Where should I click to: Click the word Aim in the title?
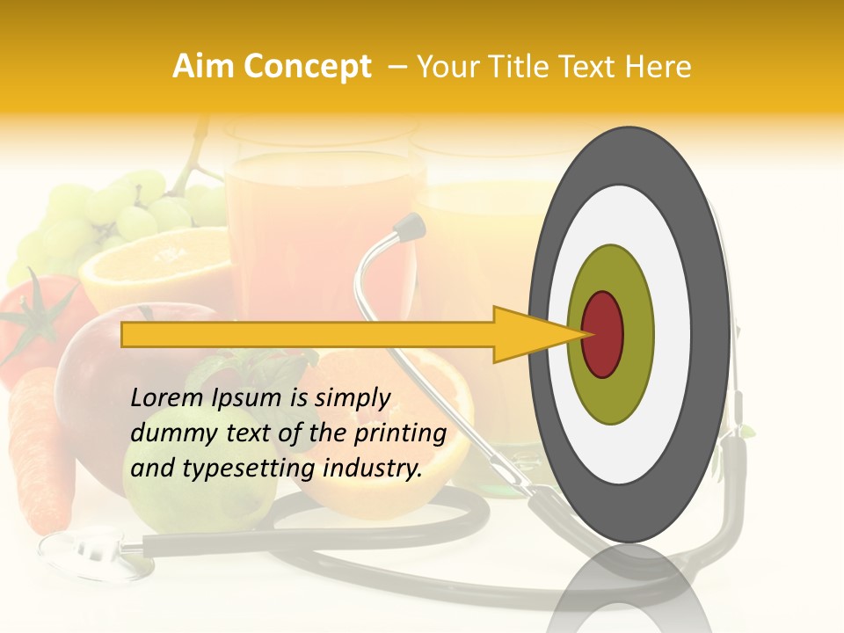click(202, 67)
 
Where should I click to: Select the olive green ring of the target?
click(611, 396)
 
